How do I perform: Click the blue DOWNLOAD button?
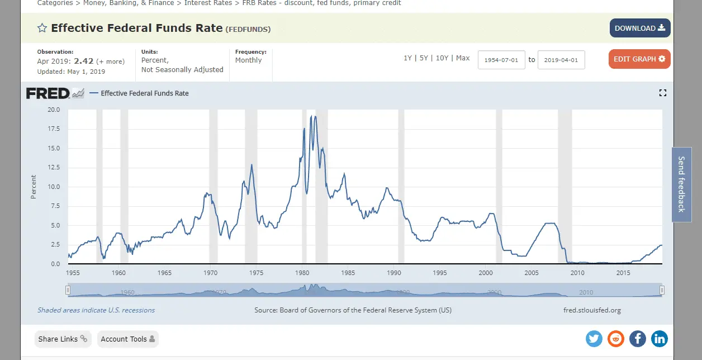tap(639, 28)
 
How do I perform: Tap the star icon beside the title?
tap(42, 28)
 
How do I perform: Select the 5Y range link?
tap(424, 58)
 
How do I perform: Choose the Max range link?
tap(463, 58)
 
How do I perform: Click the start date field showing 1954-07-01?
tap(501, 59)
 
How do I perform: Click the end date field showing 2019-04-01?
tap(561, 59)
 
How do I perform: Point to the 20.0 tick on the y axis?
tap(53, 110)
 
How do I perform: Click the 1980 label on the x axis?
tap(302, 273)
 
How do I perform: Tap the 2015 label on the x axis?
tap(623, 273)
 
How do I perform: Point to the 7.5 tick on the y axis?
tap(54, 206)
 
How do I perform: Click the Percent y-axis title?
tap(34, 187)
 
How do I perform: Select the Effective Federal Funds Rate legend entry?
tap(144, 93)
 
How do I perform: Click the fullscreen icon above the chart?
tap(663, 93)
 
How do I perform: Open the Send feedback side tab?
tap(681, 184)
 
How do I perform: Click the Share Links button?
tap(63, 339)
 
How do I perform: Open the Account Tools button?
tap(127, 339)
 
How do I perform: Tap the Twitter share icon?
tap(594, 338)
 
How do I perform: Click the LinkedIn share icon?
tap(660, 338)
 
